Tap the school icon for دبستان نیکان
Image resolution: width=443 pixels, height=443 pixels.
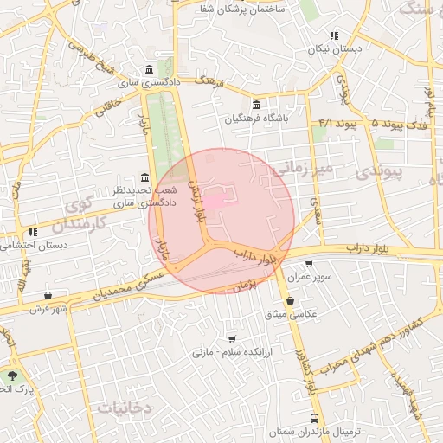333,35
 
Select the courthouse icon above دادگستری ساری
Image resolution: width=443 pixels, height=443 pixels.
150,69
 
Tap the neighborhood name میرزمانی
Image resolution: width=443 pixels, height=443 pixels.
299,166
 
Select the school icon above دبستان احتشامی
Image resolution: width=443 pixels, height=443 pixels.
33,232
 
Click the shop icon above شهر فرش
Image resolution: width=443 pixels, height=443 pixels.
47,294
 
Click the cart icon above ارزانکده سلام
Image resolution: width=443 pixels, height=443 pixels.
231,338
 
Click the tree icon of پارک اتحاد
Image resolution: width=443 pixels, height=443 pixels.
12,376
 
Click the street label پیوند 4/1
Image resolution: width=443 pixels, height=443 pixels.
337,123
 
